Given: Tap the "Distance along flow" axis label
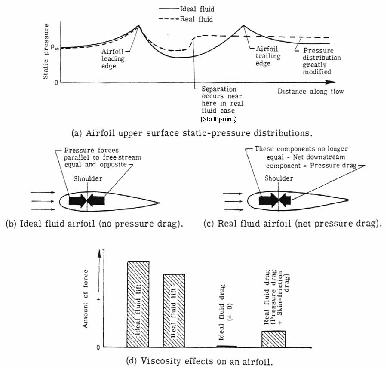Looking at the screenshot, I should [x=310, y=92].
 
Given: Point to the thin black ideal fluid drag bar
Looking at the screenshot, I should [x=226, y=346].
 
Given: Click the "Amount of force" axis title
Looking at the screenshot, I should [x=86, y=298].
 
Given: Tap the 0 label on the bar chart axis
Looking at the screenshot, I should [x=99, y=347].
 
